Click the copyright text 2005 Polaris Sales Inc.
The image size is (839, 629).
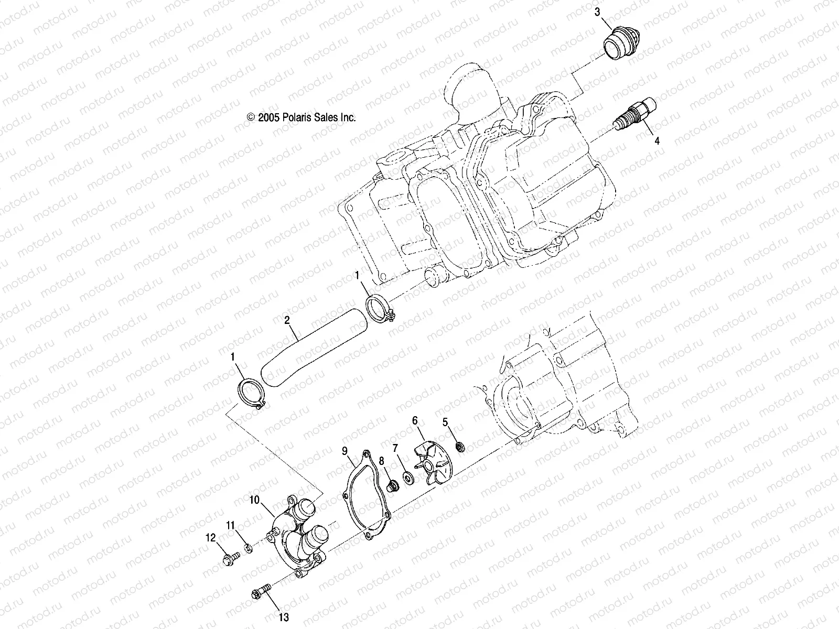pos(301,117)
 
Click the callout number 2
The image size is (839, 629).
pos(287,320)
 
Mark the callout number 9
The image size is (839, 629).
pos(345,450)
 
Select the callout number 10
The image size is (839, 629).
pos(254,501)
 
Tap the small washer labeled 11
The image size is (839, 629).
pos(250,548)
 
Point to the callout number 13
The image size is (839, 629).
pos(284,618)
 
